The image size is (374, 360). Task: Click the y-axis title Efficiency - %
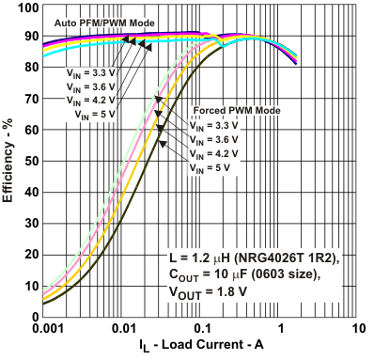[8, 162]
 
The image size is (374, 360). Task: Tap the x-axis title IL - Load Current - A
[198, 346]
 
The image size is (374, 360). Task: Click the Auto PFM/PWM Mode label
[101, 20]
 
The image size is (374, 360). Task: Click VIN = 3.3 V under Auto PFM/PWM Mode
[91, 71]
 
